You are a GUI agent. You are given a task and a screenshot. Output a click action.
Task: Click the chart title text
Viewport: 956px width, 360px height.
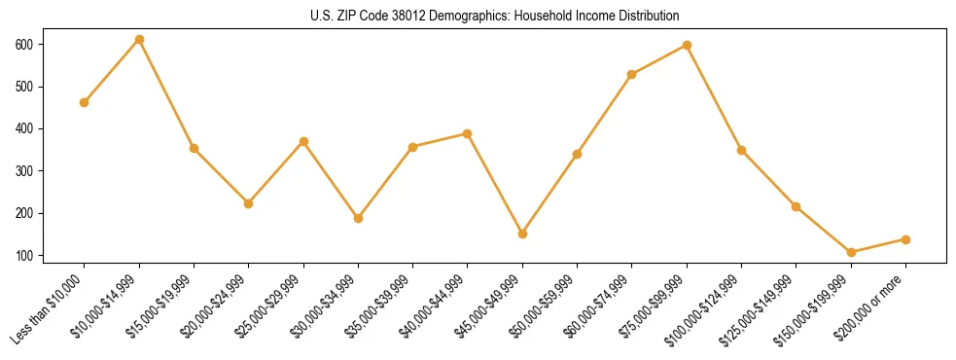[x=478, y=16]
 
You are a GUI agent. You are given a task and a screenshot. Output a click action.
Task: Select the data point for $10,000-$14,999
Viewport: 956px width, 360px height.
[x=139, y=40]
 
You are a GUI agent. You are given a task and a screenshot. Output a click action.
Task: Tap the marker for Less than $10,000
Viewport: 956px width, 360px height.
[x=85, y=102]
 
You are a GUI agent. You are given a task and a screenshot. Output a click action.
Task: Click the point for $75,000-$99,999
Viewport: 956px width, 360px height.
[x=687, y=45]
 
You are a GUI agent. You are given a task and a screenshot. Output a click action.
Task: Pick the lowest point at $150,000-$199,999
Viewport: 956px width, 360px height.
[x=851, y=252]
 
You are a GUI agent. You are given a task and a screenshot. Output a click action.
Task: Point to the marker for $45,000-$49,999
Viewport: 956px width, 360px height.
[x=522, y=234]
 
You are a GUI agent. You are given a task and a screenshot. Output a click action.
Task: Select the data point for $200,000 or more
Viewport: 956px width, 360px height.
[x=905, y=239]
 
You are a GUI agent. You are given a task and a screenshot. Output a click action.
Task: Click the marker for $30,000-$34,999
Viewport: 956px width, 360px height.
[x=358, y=218]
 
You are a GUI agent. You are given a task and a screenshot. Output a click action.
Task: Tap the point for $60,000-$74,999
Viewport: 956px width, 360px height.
[x=632, y=74]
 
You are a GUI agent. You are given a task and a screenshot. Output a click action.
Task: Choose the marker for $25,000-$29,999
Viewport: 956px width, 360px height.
[x=303, y=141]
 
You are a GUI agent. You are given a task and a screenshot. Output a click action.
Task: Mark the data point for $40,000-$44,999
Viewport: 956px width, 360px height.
[x=468, y=133]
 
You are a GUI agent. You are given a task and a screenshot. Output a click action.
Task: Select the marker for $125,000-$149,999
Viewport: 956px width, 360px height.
[x=797, y=206]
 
